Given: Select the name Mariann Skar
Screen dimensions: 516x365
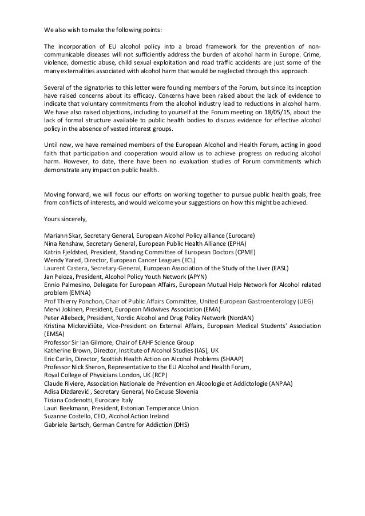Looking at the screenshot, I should coord(64,235).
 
